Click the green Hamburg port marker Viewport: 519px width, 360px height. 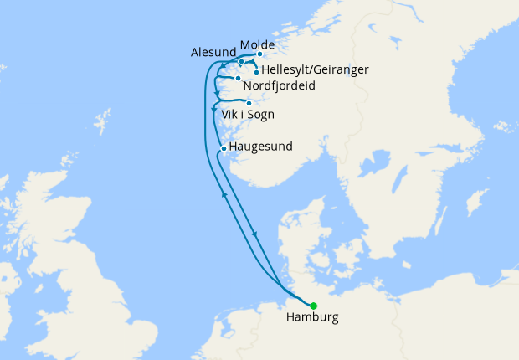(314, 306)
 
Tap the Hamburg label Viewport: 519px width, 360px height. (312, 319)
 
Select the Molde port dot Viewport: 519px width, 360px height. (259, 54)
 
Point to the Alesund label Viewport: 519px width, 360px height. (213, 53)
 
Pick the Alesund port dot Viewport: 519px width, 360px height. (241, 61)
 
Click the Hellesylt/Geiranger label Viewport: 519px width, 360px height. (315, 69)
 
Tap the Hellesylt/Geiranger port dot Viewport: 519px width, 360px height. (256, 72)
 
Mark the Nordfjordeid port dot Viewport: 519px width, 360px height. (239, 79)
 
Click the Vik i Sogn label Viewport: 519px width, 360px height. (249, 115)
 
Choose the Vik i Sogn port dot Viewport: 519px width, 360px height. (249, 104)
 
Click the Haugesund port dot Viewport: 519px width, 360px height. (223, 149)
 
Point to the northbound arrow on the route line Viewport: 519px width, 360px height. (224, 194)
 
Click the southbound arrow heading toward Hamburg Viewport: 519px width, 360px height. (254, 234)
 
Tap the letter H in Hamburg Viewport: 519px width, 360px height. (290, 319)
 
